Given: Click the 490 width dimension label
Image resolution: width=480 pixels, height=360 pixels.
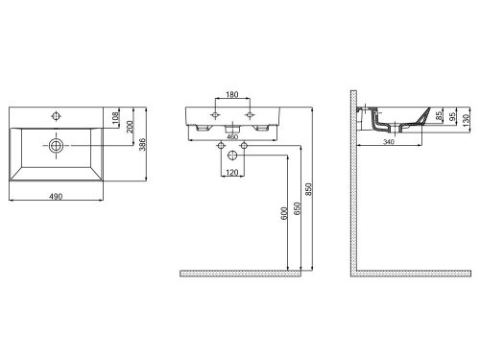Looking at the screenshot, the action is (56, 196).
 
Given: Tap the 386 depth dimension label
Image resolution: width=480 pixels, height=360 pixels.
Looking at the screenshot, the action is (142, 144).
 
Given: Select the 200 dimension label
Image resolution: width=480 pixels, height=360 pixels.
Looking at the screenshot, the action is (130, 127).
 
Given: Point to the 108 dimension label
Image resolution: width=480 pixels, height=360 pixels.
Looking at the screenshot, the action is (116, 117).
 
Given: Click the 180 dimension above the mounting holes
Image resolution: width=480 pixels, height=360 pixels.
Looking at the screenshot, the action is (232, 94).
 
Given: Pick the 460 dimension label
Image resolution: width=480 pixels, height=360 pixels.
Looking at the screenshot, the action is (232, 136).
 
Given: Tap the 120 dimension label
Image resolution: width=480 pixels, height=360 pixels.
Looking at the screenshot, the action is (232, 173).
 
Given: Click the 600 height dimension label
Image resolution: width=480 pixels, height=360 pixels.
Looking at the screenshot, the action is (284, 213).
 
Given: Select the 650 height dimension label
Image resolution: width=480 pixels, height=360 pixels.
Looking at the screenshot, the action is (297, 208).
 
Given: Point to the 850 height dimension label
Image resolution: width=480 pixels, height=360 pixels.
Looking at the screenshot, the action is (308, 189).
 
